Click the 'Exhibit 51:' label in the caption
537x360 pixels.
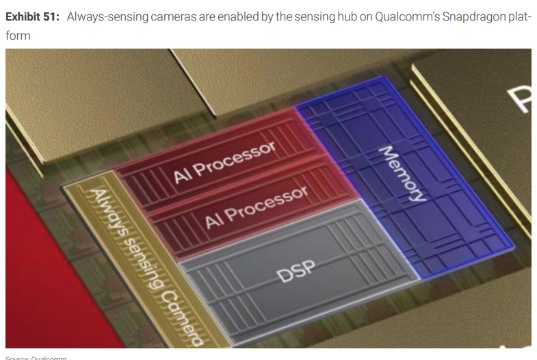[x=32, y=17]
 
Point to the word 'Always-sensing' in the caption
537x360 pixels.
[x=103, y=17]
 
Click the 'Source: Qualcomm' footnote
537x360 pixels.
[x=35, y=357]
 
